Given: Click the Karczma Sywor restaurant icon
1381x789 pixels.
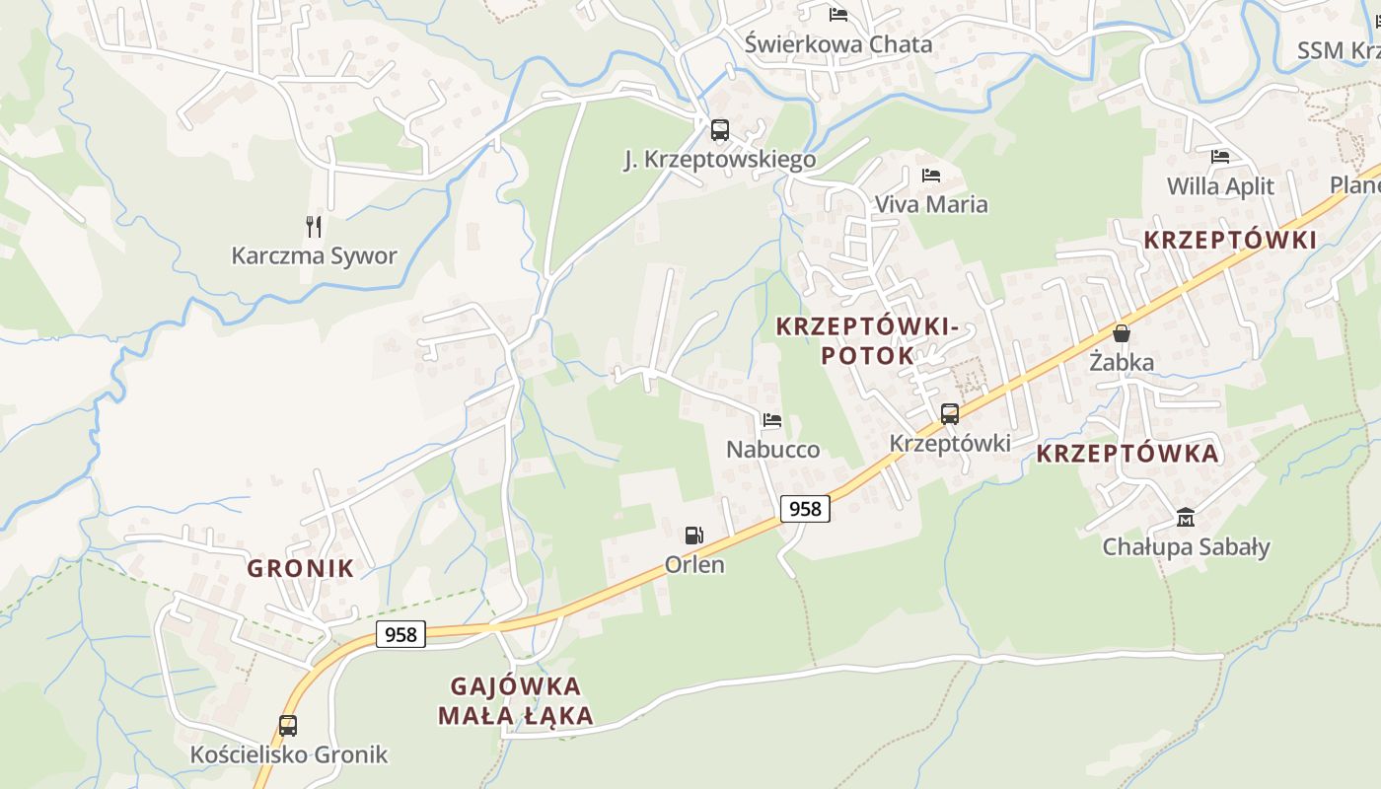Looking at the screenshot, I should pos(314,227).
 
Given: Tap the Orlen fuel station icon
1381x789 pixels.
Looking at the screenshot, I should pos(694,536).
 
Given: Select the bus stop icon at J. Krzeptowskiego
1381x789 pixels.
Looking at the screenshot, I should pos(720,130).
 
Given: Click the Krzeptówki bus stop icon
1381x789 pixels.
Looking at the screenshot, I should pos(950,414).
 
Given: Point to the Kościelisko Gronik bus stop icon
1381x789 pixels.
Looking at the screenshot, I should pos(288,726).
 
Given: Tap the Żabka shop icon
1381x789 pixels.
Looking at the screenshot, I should pos(1122,333).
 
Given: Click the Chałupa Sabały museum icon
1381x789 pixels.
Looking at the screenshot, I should pos(1186,517).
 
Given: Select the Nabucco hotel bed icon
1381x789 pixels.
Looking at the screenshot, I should pos(772,420).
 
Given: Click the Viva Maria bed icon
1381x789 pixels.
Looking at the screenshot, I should pos(931,176).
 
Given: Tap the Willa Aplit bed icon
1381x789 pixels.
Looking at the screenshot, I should pos(1220,156).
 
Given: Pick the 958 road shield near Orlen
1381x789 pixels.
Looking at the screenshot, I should pos(805,509).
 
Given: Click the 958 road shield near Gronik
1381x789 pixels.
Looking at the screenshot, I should pos(400,634).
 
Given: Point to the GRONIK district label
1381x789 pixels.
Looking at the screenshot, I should pos(300,568).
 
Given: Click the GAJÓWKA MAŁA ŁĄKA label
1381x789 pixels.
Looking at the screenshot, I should pos(516,701).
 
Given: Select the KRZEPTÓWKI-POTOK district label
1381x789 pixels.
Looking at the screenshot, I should pos(867,340).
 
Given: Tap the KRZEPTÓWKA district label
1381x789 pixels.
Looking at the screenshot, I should pos(1128,454).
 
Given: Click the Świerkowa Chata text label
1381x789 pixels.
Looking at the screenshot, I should pos(838,44).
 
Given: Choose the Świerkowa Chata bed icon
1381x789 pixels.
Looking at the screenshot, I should pos(838,14).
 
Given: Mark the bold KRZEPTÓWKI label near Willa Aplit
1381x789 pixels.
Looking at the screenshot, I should pos(1230,240).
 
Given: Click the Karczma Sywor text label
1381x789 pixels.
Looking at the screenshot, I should pos(314,256).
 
